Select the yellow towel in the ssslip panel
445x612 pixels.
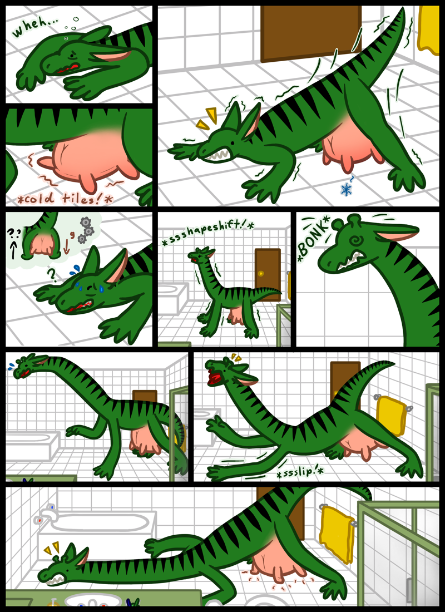[x=390, y=415]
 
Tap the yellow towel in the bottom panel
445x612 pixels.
[x=337, y=534]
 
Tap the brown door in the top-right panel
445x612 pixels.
[x=311, y=33]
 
